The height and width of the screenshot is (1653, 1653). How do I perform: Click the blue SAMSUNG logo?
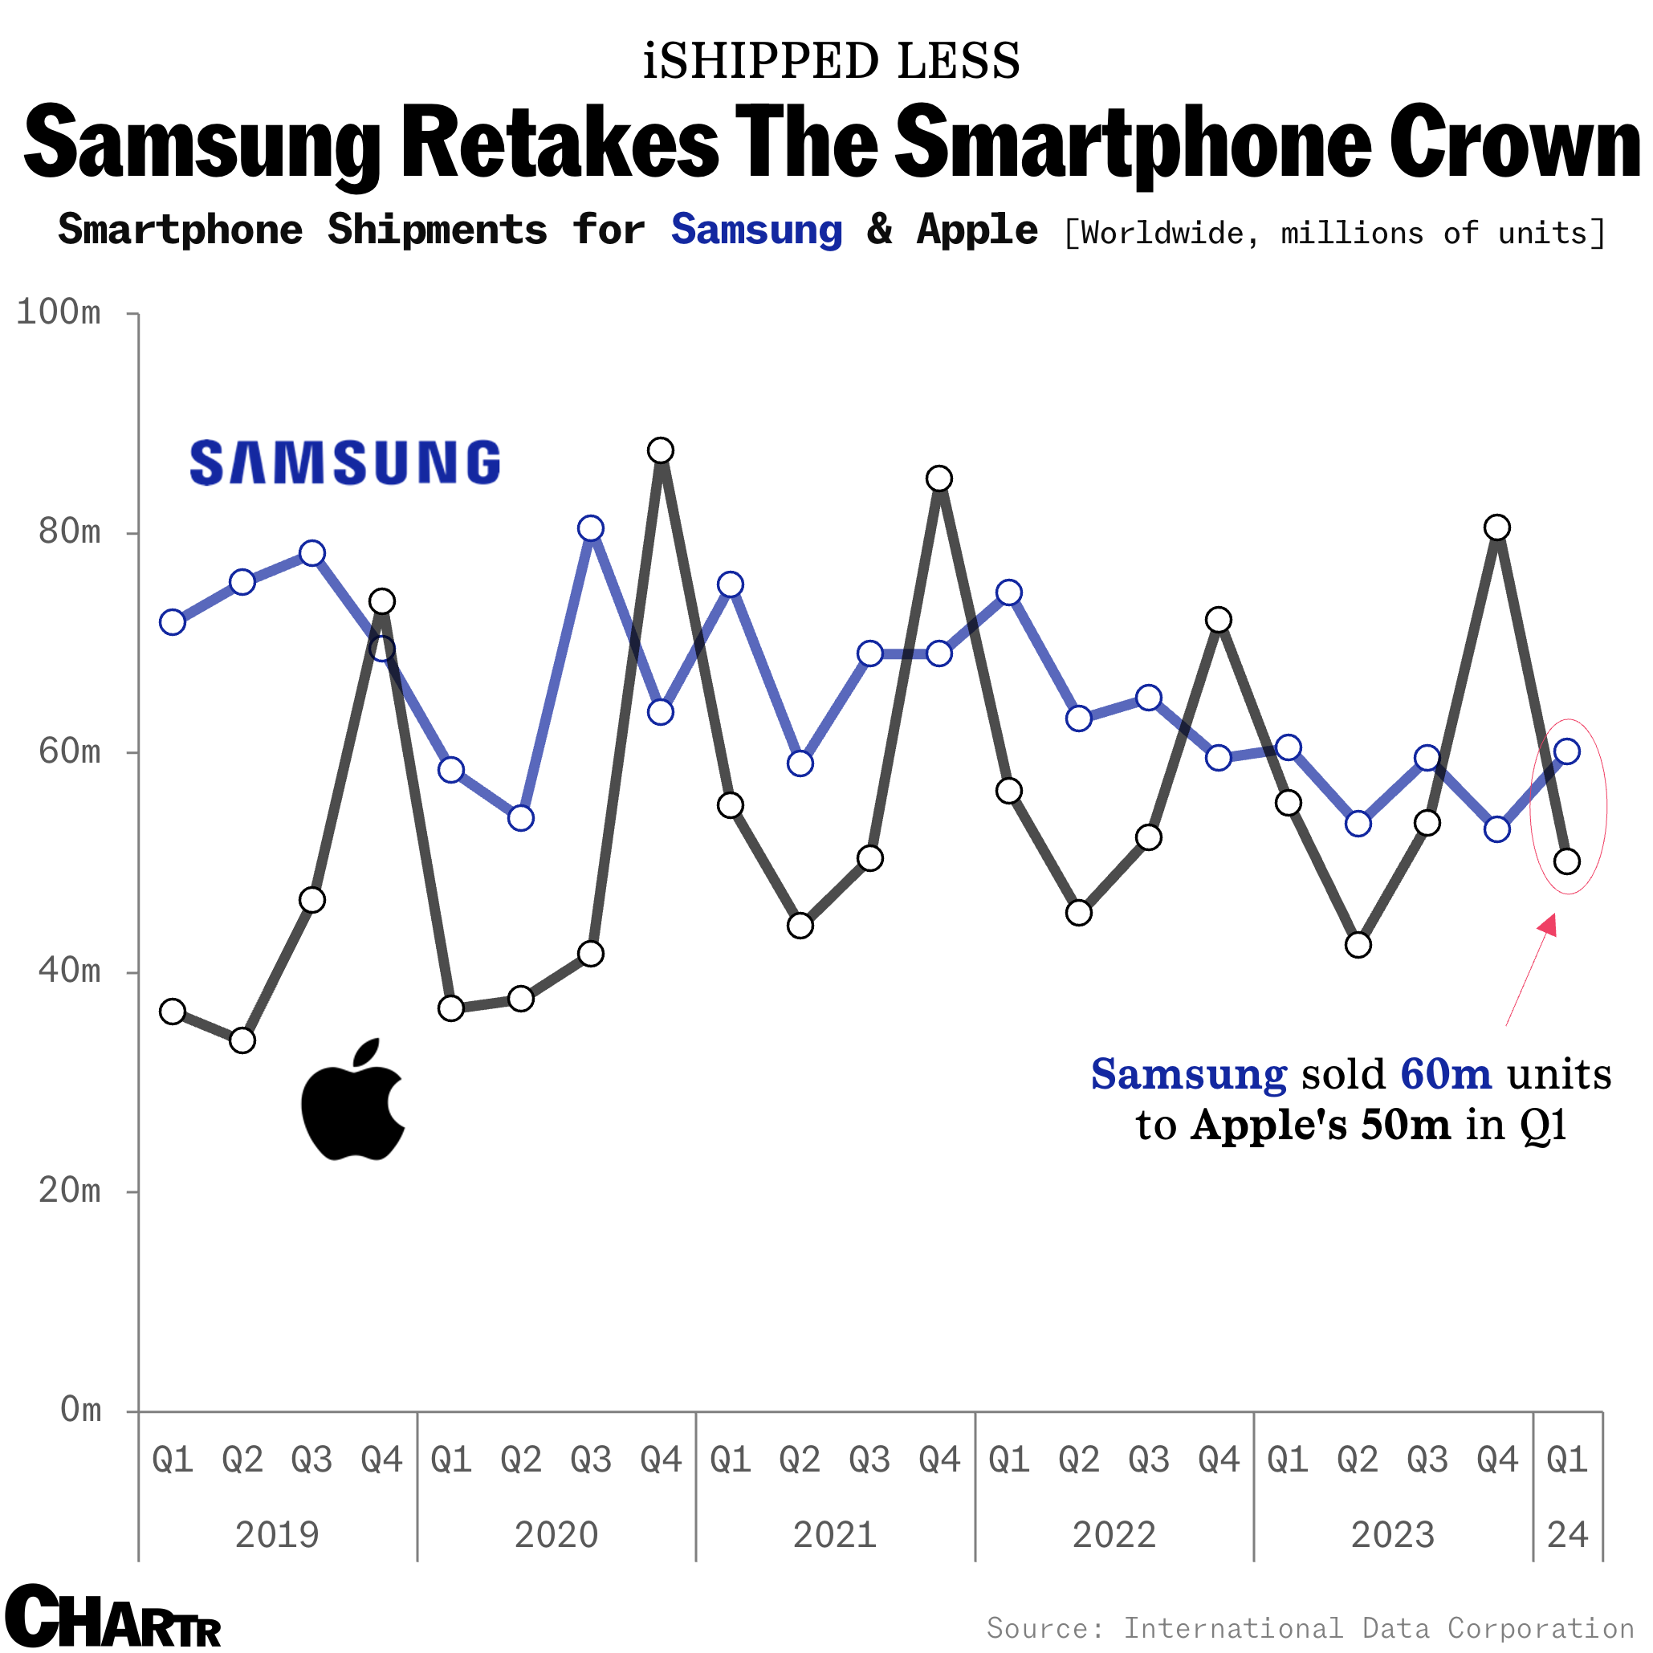point(344,463)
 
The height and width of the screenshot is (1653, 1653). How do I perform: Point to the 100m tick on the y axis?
point(58,313)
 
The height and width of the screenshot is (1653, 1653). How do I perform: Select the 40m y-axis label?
point(69,971)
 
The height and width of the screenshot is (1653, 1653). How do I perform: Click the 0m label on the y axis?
point(80,1410)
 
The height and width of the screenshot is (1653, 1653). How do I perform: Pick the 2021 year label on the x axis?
point(834,1535)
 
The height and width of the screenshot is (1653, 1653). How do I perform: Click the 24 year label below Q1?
point(1566,1535)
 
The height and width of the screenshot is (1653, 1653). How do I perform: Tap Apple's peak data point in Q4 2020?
point(661,450)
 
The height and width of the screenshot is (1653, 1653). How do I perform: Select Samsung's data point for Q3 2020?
point(590,529)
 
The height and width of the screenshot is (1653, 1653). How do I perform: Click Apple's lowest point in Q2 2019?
point(243,1040)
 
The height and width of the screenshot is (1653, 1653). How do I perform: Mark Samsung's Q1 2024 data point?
point(1566,752)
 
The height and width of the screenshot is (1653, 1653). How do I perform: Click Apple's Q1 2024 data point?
point(1566,861)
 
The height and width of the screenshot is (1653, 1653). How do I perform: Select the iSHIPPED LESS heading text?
point(831,62)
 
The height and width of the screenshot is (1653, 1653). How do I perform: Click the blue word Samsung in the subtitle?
point(756,230)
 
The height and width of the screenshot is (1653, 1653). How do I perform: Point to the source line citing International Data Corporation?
point(1310,1627)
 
